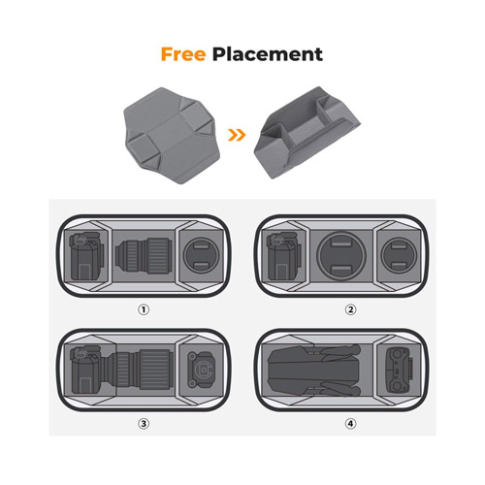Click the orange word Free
183,54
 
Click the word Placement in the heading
268,54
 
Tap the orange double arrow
237,135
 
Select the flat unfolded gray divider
172,135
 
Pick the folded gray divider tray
307,133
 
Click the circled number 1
144,309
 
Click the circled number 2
350,309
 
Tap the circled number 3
144,424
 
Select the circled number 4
350,424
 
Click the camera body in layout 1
86,256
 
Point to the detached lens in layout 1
144,256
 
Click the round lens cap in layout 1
201,255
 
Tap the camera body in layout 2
283,256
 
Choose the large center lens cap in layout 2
341,256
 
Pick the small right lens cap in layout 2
399,255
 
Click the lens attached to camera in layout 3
139,370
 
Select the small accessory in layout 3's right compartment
201,370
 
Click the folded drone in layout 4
314,371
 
